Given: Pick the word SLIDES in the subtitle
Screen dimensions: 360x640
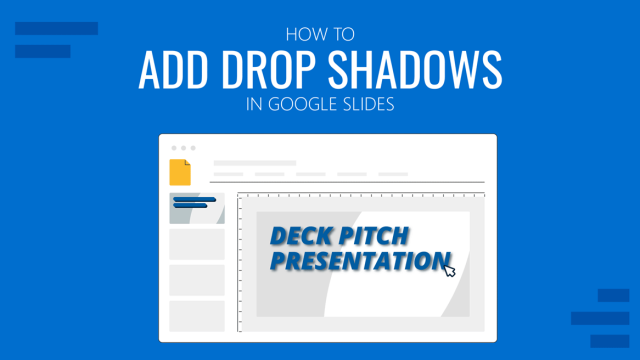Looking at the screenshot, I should (371, 104).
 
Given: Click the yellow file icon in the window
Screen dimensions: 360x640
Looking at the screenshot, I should (180, 172).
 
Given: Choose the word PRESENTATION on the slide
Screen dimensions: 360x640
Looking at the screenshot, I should (354, 262).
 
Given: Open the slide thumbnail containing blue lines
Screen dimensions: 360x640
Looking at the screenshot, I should (196, 208).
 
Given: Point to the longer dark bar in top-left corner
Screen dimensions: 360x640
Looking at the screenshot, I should (56, 29).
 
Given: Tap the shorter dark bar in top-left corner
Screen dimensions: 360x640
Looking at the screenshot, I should (43, 50).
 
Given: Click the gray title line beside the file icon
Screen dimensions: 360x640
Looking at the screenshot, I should (255, 162).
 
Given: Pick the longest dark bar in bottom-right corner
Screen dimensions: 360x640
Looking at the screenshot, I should (599, 318).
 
